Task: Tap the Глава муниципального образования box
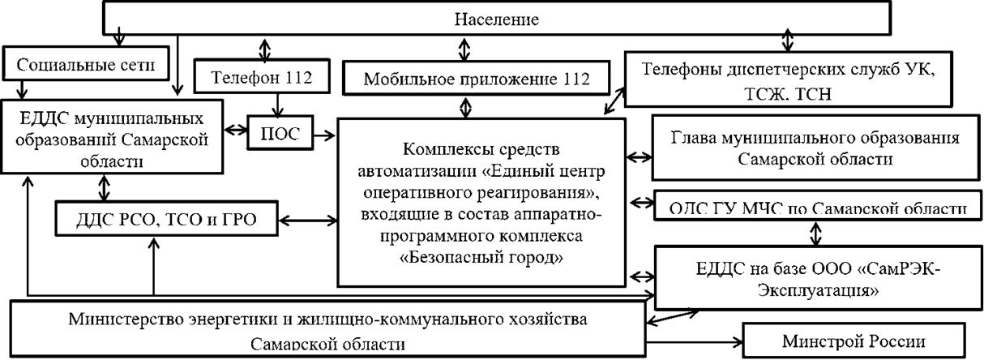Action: [815, 147]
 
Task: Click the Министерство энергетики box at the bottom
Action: [327, 328]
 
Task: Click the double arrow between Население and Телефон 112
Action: [262, 46]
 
